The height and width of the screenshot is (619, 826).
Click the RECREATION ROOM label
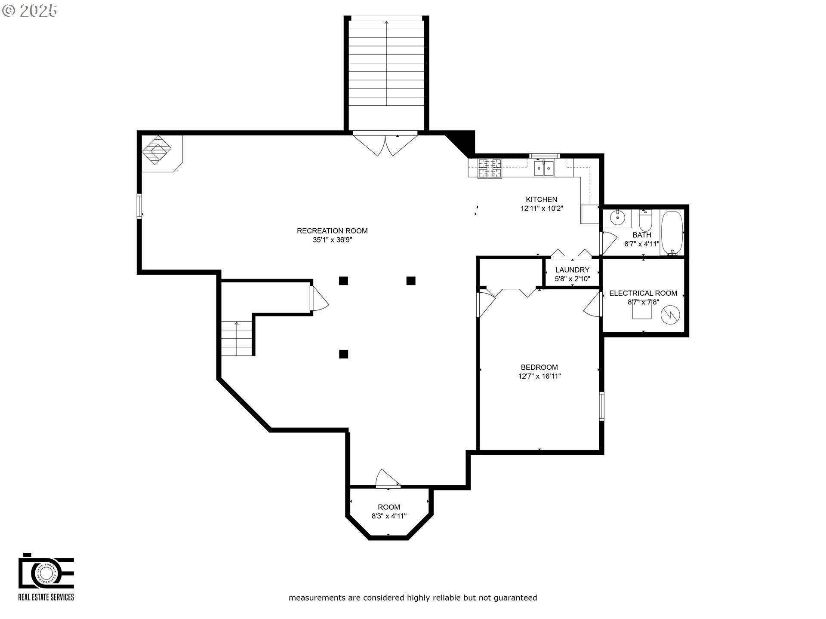click(x=332, y=231)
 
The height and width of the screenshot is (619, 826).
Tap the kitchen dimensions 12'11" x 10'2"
click(x=542, y=208)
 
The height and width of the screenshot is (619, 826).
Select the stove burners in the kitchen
click(x=490, y=168)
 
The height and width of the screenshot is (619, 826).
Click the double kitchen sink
click(x=544, y=168)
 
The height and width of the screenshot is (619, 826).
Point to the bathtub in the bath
click(x=672, y=233)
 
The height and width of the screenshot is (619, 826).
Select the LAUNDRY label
click(x=572, y=270)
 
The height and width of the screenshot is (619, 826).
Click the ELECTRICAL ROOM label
click(x=643, y=293)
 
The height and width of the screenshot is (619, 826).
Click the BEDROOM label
click(x=539, y=367)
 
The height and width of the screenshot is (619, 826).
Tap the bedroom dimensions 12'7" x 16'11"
click(x=539, y=376)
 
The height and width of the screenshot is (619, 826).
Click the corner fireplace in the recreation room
click(x=157, y=150)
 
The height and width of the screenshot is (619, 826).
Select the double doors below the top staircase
click(x=385, y=145)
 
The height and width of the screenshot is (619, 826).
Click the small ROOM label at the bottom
click(x=389, y=507)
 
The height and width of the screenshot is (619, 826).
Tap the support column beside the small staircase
click(x=343, y=354)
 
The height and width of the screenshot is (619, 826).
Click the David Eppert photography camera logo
click(x=46, y=572)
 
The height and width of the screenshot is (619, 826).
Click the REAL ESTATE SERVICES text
click(x=46, y=597)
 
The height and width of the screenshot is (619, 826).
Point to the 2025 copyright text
click(x=30, y=11)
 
